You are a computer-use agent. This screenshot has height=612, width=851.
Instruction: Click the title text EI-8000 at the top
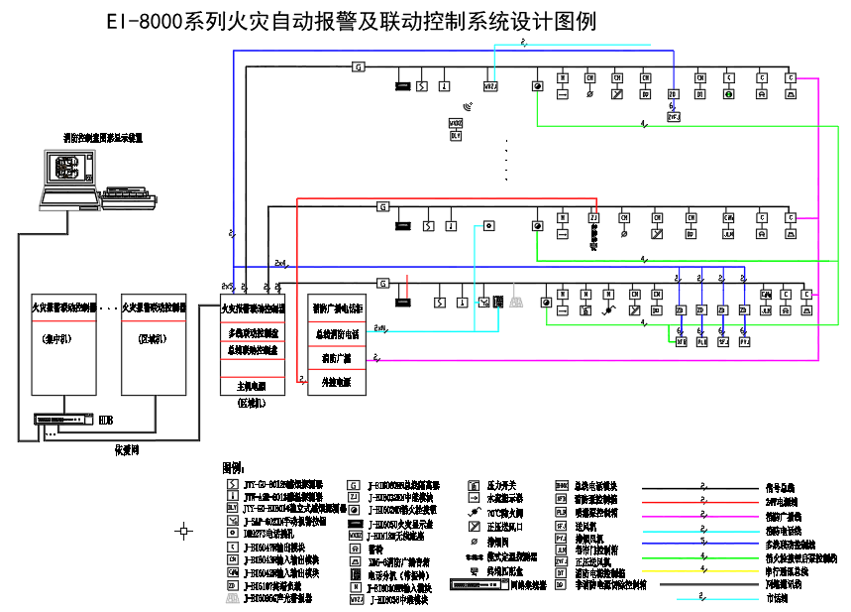144,21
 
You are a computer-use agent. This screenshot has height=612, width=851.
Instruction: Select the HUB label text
105,421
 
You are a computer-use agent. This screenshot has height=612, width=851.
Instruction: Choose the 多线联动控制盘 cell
253,333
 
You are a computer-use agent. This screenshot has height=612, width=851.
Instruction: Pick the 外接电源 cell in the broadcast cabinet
337,381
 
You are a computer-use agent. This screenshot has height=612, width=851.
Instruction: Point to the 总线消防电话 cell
337,334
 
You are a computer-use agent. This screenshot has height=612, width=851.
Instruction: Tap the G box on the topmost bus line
359,66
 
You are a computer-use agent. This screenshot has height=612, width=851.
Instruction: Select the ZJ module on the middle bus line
593,217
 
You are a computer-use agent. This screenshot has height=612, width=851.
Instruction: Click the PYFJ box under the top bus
674,116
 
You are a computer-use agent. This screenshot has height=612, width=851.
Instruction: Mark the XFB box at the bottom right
682,342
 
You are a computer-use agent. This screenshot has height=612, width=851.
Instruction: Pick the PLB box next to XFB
701,342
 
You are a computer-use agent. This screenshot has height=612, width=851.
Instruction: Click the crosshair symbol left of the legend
183,532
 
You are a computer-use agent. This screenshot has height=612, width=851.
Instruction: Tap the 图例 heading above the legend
234,467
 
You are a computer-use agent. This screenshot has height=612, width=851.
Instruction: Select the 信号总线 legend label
781,488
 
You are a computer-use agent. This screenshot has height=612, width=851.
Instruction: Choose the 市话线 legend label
781,598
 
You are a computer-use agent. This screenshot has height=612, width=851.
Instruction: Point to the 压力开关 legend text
499,486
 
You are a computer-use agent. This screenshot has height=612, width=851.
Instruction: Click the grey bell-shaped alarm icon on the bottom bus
515,302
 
